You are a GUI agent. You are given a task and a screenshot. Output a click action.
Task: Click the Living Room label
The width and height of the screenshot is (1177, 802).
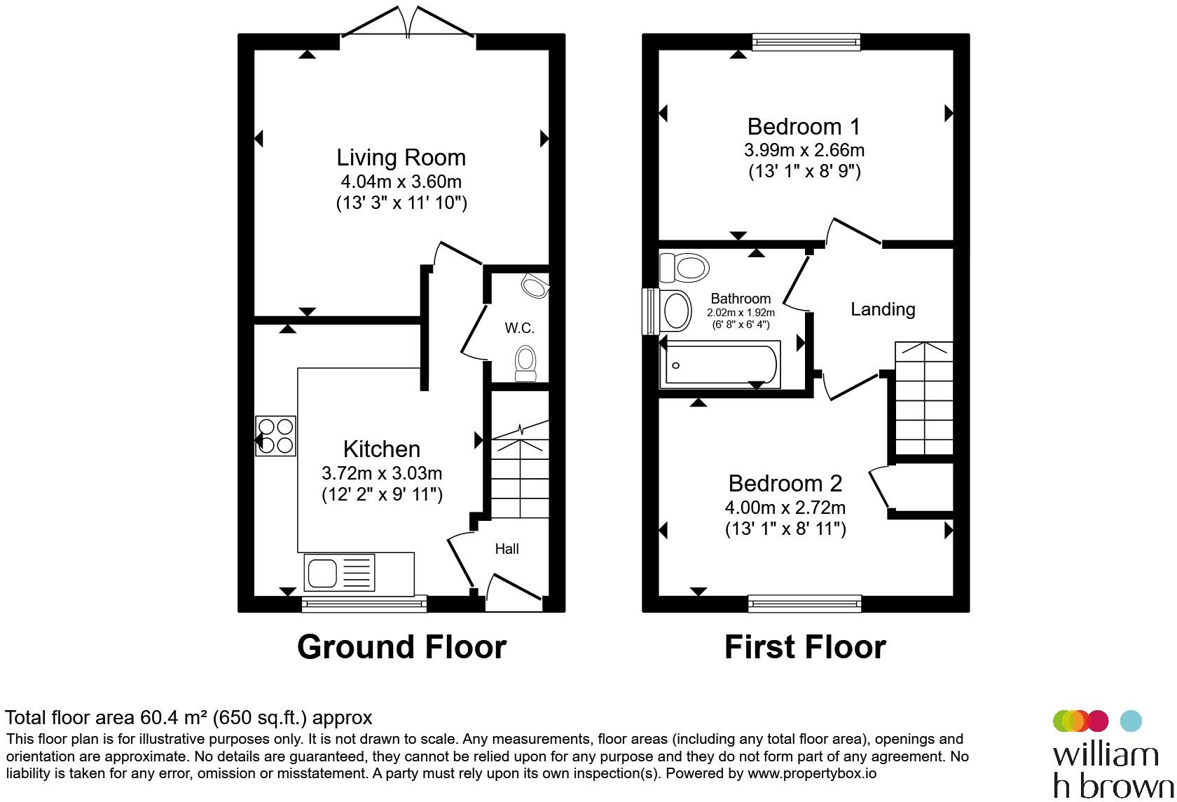(x=401, y=158)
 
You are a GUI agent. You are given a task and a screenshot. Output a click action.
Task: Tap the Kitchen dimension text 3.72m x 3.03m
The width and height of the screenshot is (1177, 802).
(x=382, y=473)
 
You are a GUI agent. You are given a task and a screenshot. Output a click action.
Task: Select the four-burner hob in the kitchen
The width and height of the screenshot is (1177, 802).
(x=276, y=436)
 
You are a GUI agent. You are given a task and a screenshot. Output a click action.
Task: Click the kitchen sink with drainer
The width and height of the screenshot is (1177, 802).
(x=339, y=572)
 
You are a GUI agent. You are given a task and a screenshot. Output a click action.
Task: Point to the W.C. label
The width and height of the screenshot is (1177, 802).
(x=520, y=328)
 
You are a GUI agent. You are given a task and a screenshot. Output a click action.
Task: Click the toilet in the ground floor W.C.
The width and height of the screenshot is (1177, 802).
(x=525, y=363)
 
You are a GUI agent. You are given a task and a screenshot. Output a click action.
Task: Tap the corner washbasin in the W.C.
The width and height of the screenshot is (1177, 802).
(x=535, y=285)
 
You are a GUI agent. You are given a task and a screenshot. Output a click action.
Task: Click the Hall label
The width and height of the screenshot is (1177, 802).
(x=507, y=549)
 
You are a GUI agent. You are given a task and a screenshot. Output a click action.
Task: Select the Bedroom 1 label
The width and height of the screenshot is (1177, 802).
(x=804, y=127)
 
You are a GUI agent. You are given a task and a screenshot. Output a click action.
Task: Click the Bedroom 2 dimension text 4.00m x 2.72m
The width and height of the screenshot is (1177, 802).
(x=785, y=508)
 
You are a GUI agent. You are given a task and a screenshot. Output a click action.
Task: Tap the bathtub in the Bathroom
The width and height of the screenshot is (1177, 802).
(x=720, y=365)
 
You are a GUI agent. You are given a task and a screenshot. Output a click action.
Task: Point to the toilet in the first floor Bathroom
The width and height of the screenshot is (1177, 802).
(x=684, y=268)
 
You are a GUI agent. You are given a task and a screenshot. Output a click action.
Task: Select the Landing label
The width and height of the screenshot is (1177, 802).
(x=883, y=309)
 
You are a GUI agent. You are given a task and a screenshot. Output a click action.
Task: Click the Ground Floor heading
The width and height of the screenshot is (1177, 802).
(x=402, y=647)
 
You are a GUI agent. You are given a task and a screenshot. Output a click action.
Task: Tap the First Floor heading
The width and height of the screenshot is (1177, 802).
(x=805, y=647)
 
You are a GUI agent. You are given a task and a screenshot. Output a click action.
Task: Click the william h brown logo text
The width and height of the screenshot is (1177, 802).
(x=1113, y=771)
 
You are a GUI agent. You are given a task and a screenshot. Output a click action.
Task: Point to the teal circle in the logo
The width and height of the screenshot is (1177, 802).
(x=1131, y=721)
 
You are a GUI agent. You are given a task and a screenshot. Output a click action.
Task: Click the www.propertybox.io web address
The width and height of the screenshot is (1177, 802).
(x=812, y=773)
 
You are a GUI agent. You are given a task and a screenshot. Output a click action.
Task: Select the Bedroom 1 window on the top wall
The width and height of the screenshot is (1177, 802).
(x=806, y=42)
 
